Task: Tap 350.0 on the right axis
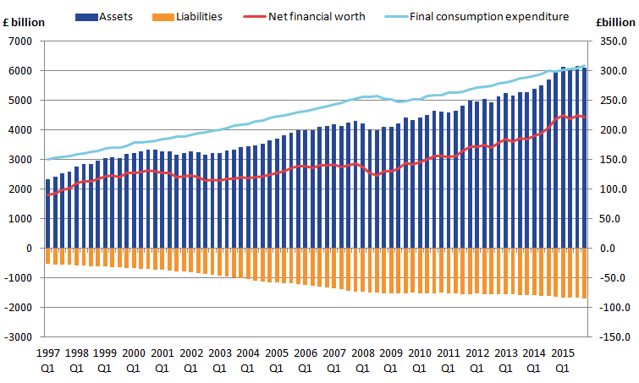point(612,41)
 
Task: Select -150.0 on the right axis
point(610,337)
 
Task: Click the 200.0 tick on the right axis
point(612,130)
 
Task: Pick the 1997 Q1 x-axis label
point(47,360)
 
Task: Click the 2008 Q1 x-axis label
point(361,360)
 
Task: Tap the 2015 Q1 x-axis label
point(561,360)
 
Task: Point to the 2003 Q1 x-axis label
point(218,360)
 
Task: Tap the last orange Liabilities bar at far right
point(584,272)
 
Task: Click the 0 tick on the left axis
point(30,249)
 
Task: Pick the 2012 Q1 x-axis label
point(476,360)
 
